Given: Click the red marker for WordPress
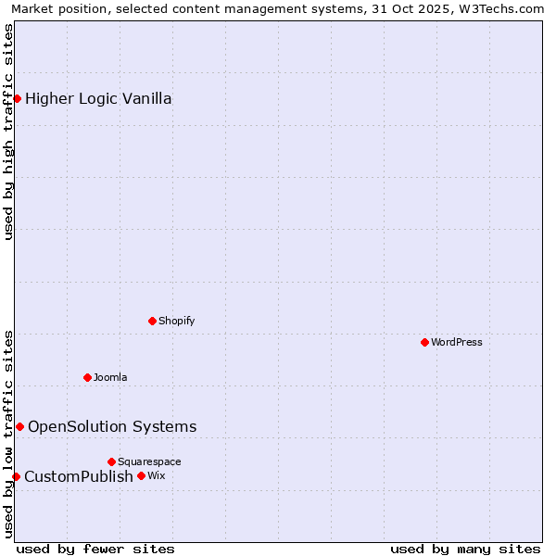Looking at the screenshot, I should pyautogui.click(x=424, y=342).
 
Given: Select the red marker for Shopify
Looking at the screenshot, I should pyautogui.click(x=152, y=321).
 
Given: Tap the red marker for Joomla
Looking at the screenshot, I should pyautogui.click(x=87, y=377).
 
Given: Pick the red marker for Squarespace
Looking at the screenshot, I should pyautogui.click(x=111, y=461).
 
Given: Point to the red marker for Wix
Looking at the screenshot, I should pyautogui.click(x=141, y=475).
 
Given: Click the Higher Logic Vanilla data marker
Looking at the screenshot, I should pyautogui.click(x=17, y=98).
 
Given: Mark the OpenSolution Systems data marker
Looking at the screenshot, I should pyautogui.click(x=19, y=426).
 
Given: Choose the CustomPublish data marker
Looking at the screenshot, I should pyautogui.click(x=16, y=476).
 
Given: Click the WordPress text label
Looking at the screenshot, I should pyautogui.click(x=457, y=342).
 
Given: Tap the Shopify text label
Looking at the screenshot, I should pyautogui.click(x=176, y=321).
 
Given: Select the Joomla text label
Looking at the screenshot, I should pyautogui.click(x=110, y=377).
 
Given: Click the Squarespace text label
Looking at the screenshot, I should pyautogui.click(x=149, y=461).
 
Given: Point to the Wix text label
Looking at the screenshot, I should pyautogui.click(x=156, y=475).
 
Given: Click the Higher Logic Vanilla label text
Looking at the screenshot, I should pyautogui.click(x=98, y=98).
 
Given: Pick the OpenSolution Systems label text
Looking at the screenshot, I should pyautogui.click(x=112, y=426).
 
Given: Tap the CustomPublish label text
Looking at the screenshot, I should pyautogui.click(x=79, y=476).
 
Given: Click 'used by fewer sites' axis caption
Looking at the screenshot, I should pyautogui.click(x=95, y=549).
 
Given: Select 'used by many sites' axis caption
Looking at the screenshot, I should pyautogui.click(x=465, y=549).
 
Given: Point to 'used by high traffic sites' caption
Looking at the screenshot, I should pyautogui.click(x=8, y=132).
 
